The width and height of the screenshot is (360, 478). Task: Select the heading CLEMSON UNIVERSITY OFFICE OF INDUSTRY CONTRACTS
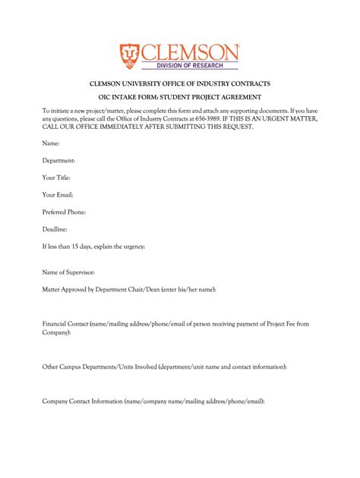pos(179,83)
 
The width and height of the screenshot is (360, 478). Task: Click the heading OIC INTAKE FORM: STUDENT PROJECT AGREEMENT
pos(180,97)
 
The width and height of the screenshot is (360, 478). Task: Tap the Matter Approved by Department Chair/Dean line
pos(129,289)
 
